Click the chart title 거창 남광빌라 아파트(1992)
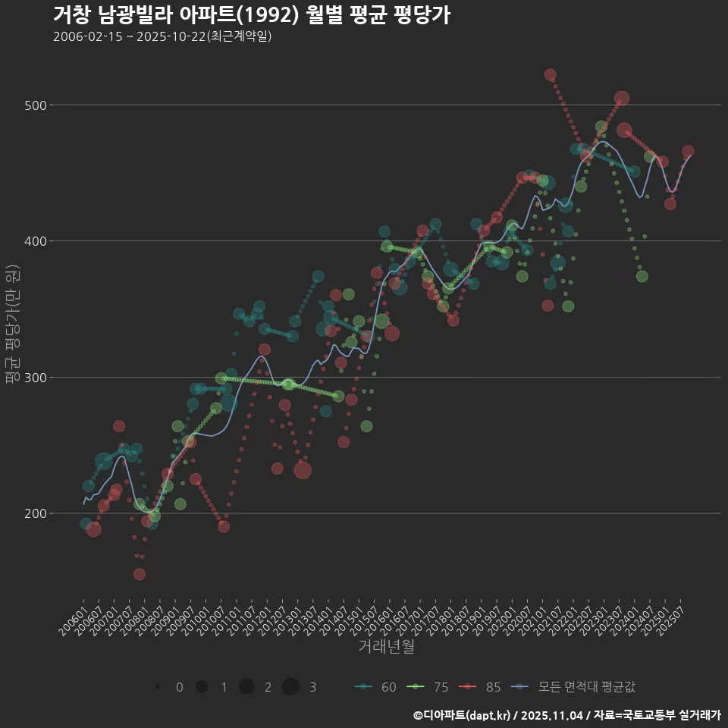252,15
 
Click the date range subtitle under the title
162,36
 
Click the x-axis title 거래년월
386,647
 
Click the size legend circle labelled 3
291,687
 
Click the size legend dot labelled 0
157,687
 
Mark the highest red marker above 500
551,75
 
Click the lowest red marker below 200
140,574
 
